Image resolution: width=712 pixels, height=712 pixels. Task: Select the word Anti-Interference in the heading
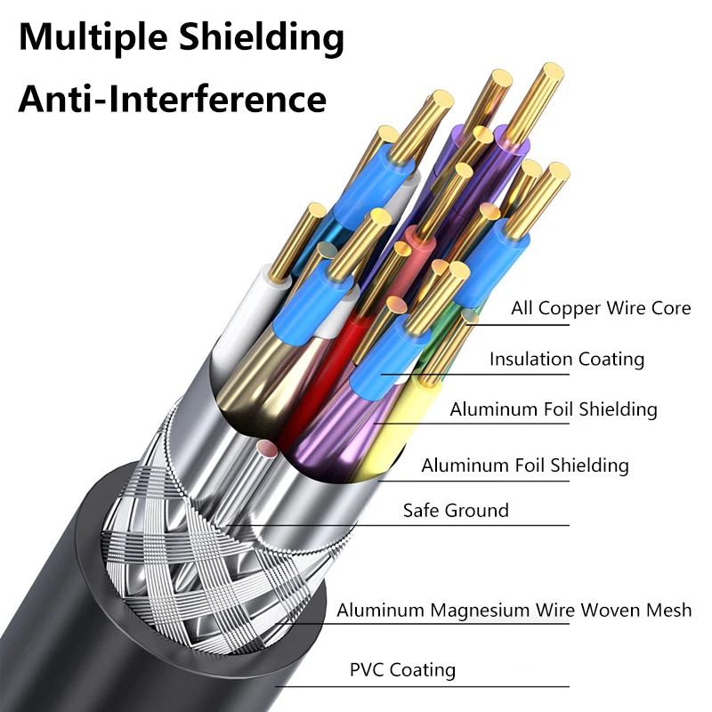(173, 97)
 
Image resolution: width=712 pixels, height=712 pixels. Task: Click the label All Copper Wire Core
(601, 309)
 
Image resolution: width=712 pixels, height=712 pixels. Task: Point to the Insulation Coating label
(566, 360)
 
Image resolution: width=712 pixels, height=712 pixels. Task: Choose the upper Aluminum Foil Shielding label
(553, 410)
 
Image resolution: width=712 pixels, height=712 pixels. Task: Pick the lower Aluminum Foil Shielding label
(524, 465)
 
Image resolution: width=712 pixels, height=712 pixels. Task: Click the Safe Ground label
(456, 511)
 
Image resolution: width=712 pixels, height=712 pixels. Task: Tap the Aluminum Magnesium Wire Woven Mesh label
(514, 611)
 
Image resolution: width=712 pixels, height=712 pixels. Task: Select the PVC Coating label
(402, 670)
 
